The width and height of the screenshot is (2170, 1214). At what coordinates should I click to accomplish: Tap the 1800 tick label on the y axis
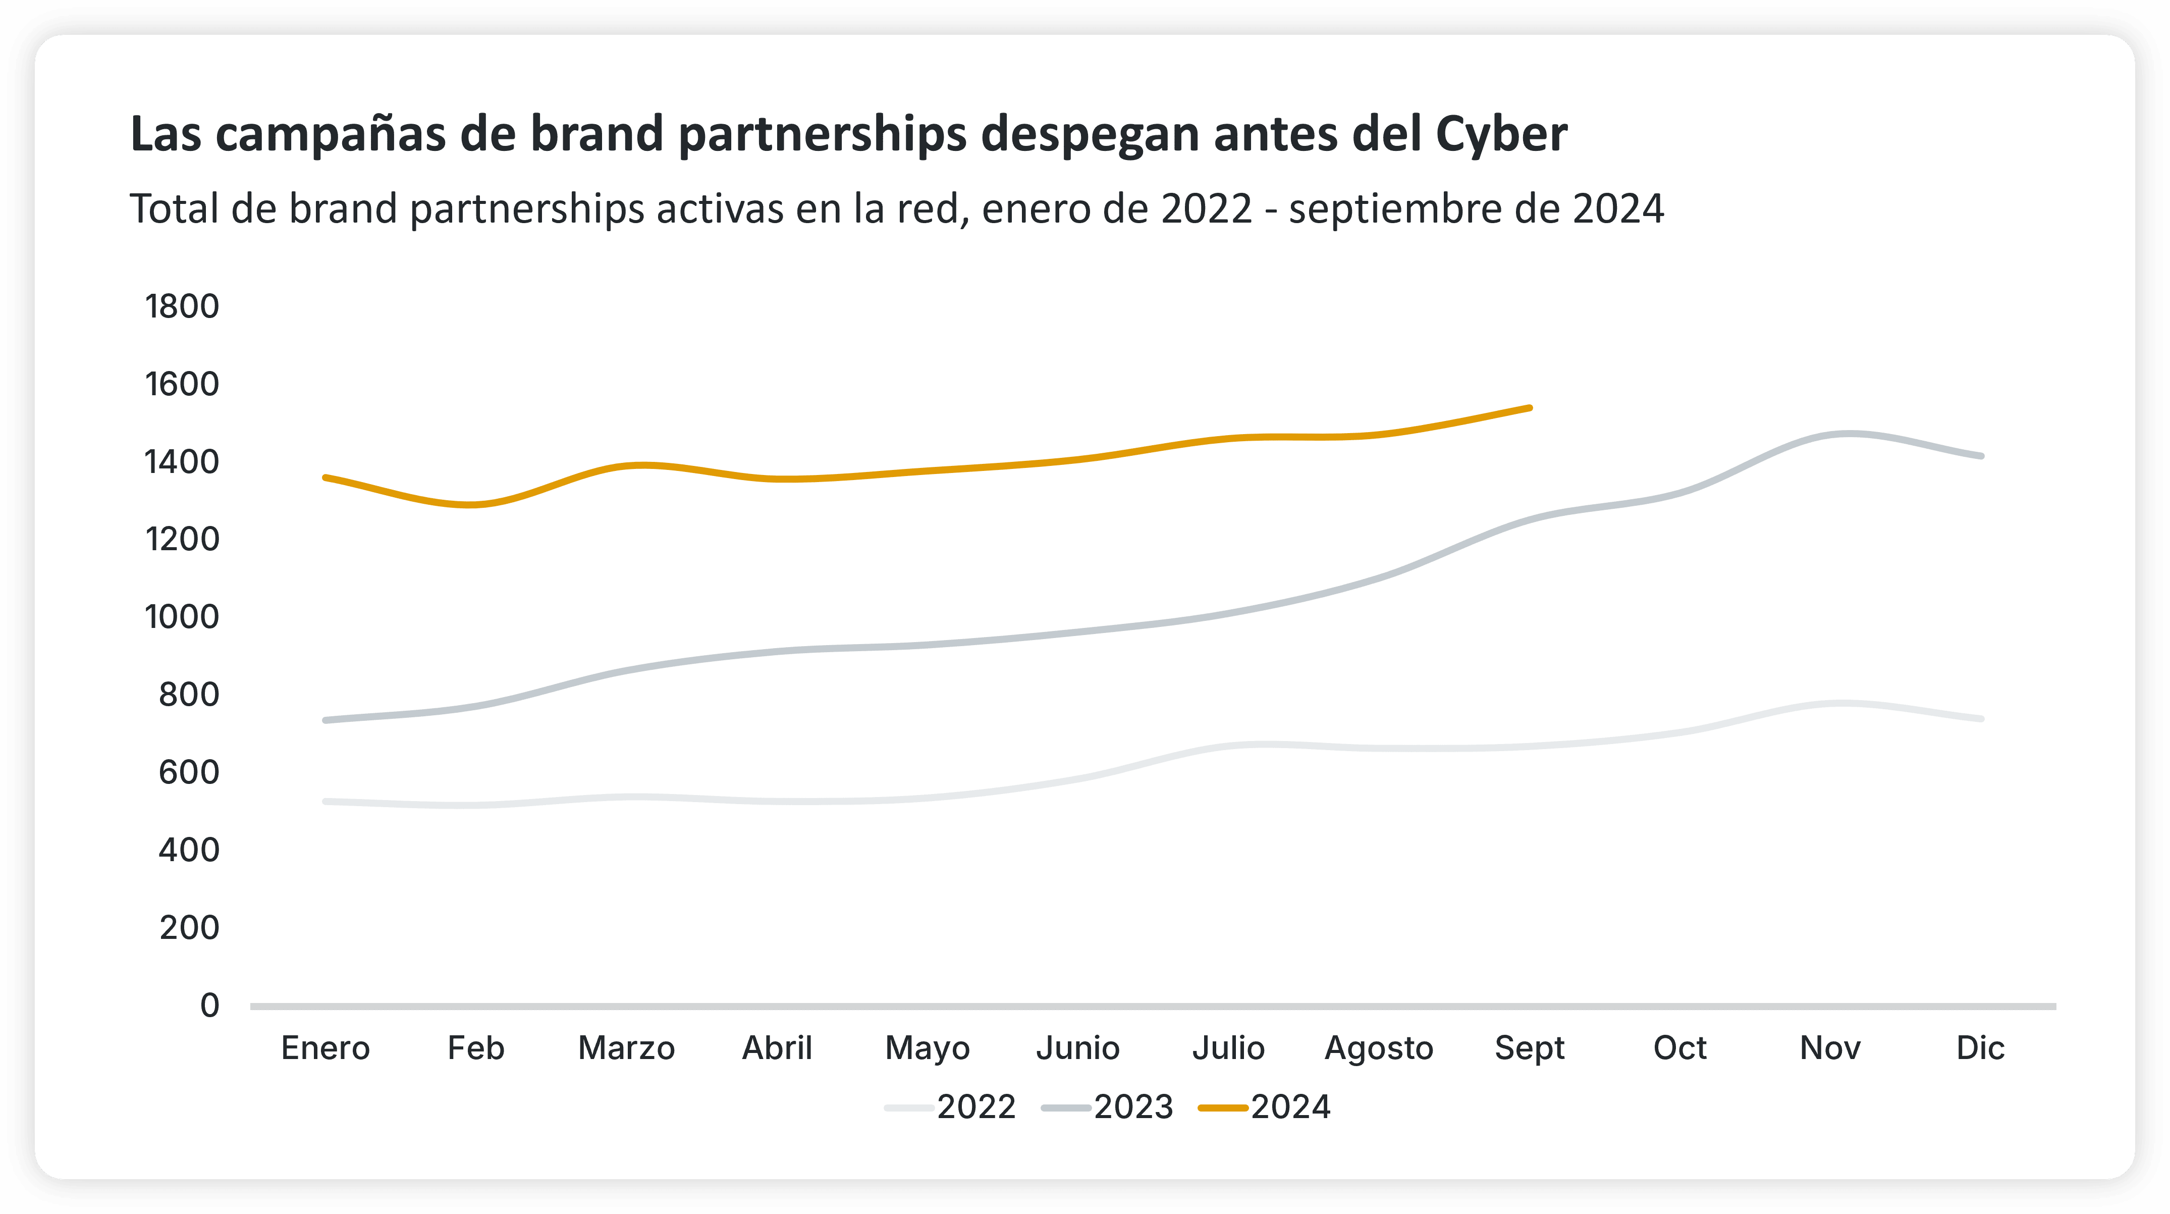click(x=182, y=307)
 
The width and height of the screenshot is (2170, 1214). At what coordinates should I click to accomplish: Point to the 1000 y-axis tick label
click(x=182, y=617)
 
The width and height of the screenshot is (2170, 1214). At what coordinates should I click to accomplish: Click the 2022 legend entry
click(x=952, y=1107)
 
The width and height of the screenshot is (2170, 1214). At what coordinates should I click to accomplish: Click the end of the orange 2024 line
click(x=1530, y=408)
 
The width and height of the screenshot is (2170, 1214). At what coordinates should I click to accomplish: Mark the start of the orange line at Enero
click(x=325, y=478)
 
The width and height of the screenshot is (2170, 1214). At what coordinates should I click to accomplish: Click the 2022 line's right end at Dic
click(x=1981, y=719)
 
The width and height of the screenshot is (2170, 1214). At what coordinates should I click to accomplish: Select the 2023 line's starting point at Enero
click(x=325, y=720)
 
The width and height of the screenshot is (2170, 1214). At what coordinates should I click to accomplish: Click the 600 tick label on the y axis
click(x=189, y=772)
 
